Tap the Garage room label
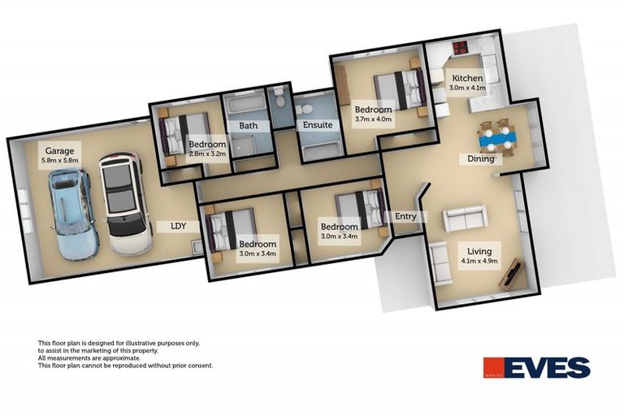(x=60, y=151)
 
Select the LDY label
(x=180, y=226)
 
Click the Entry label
(x=405, y=216)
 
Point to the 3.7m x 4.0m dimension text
(x=373, y=119)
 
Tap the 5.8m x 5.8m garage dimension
(x=60, y=161)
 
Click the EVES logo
(x=536, y=368)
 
